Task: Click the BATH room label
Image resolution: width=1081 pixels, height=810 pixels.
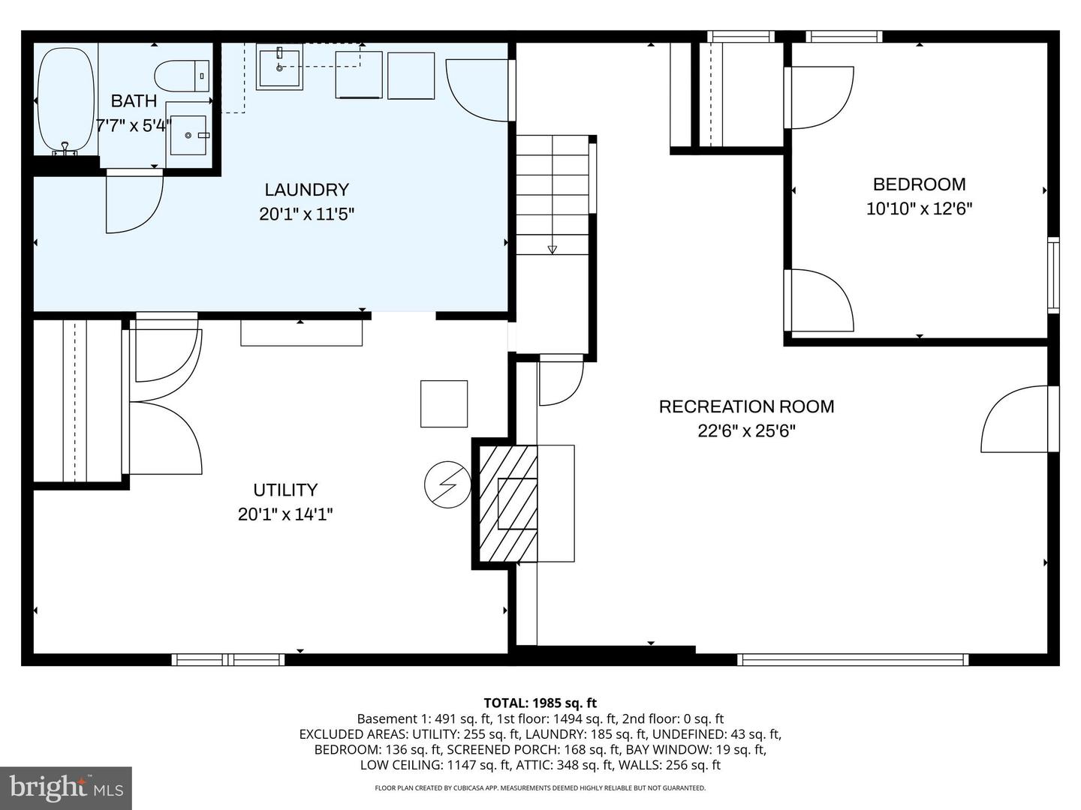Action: point(134,100)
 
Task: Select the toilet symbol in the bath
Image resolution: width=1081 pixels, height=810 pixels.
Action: point(181,76)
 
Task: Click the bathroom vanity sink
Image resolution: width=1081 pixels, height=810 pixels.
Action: point(188,135)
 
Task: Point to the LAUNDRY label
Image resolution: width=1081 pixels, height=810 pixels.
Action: point(306,190)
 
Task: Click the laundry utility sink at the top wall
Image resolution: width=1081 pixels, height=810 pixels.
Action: point(279,67)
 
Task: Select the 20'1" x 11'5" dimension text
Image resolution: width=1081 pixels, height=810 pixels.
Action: point(306,214)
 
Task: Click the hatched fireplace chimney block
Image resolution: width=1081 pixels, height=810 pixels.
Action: point(507,503)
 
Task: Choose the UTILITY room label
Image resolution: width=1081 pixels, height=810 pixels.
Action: point(285,490)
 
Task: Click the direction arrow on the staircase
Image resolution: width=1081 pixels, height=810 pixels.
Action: point(553,249)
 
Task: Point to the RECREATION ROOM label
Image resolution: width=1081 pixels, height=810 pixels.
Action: point(746,406)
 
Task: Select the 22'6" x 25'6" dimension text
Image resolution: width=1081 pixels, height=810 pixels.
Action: point(746,431)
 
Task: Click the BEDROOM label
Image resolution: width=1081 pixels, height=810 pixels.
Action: point(919,184)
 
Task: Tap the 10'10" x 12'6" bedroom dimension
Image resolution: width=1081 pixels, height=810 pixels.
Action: point(919,208)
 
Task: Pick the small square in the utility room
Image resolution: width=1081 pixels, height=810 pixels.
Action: point(444,403)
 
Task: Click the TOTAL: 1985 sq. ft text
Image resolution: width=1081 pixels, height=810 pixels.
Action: point(540,703)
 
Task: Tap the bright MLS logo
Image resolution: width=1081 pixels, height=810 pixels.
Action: point(66,787)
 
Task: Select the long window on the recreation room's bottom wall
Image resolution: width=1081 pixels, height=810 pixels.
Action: point(853,660)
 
